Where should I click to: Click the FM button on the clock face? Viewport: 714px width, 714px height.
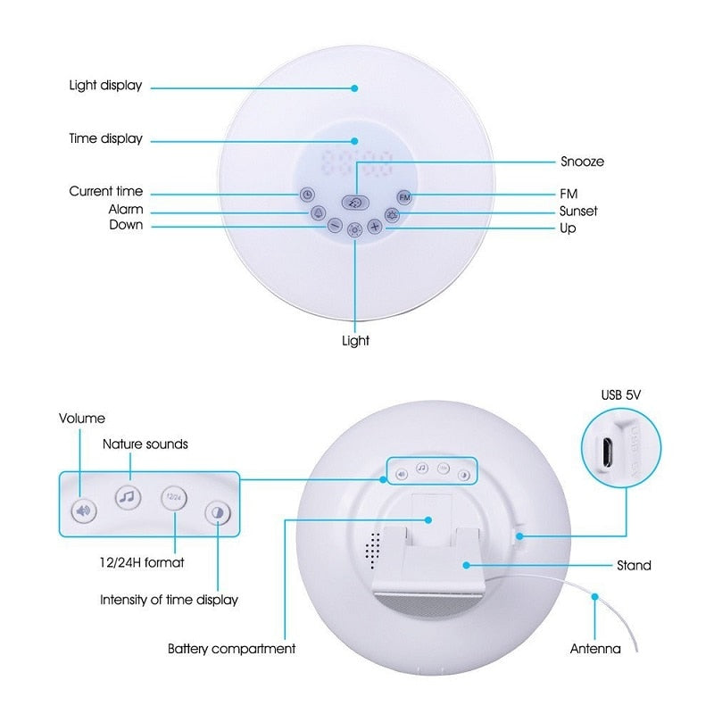(404, 195)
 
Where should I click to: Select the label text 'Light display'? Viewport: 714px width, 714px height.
(105, 87)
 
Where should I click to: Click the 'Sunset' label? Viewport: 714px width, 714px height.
(578, 212)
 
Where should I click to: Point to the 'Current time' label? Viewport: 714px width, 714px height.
(105, 192)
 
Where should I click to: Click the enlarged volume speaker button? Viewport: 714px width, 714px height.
(83, 511)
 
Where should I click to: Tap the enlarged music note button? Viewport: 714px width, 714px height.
(128, 496)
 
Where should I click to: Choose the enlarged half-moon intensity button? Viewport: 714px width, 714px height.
(217, 512)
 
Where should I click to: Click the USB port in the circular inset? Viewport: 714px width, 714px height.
(606, 454)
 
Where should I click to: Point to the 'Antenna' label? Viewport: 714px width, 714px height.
(595, 649)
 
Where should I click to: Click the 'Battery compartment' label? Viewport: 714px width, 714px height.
(231, 649)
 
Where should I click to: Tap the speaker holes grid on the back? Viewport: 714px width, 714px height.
(373, 550)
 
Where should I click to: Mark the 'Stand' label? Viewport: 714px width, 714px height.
(634, 566)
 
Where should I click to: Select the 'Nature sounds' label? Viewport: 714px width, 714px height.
(145, 444)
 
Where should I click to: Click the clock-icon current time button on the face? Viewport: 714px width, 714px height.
(306, 195)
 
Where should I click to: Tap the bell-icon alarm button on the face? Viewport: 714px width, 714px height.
(318, 213)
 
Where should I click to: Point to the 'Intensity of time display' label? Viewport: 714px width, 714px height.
(169, 600)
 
